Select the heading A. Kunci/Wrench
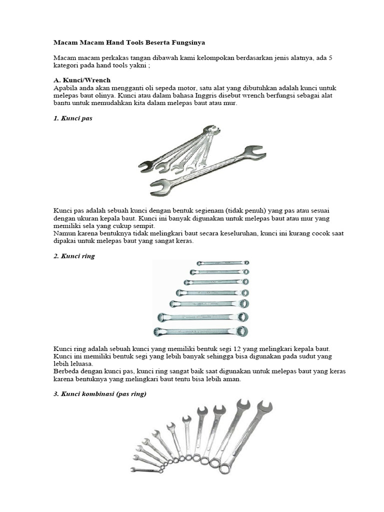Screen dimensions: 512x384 82,80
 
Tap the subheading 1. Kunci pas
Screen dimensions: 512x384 73,119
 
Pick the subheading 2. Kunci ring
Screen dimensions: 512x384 74,256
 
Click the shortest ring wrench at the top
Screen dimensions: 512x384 222,262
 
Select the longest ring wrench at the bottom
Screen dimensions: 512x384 201,331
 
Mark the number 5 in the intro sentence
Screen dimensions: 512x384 331,58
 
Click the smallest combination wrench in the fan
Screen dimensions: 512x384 146,469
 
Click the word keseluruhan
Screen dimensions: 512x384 246,233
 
